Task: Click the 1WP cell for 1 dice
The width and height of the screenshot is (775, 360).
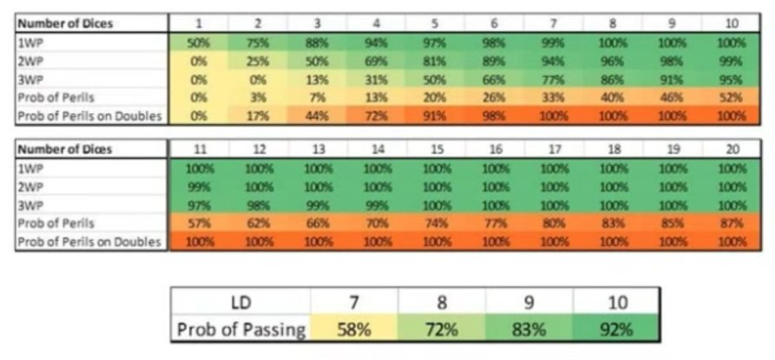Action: click(x=199, y=42)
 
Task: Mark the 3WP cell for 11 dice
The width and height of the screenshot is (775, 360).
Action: click(x=199, y=205)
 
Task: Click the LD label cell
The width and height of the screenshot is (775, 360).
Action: click(x=240, y=304)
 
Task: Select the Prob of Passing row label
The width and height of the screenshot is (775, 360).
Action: click(x=240, y=330)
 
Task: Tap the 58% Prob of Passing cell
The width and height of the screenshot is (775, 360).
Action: click(x=353, y=330)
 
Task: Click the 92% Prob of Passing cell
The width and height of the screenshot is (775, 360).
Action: click(x=615, y=330)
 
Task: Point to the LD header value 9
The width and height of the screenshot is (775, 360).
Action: click(x=529, y=304)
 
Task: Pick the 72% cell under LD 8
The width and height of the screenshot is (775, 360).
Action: click(x=441, y=330)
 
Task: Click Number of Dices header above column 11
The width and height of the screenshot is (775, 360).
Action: click(x=199, y=149)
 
